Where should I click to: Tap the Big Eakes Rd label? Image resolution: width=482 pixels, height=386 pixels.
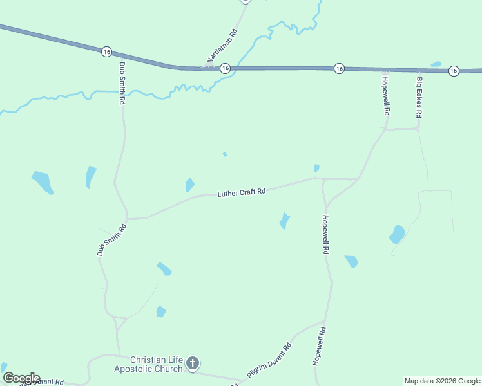pyautogui.click(x=419, y=97)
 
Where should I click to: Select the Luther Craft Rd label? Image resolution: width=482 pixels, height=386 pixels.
pyautogui.click(x=242, y=192)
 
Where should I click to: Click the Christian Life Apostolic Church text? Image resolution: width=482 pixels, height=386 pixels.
pyautogui.click(x=157, y=364)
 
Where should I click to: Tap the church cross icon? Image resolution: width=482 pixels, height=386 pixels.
pyautogui.click(x=192, y=365)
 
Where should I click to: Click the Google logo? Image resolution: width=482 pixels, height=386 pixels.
pyautogui.click(x=21, y=378)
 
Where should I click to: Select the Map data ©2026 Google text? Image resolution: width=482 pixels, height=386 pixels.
pyautogui.click(x=443, y=381)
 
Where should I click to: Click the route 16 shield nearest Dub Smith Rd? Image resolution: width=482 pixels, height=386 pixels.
pyautogui.click(x=106, y=51)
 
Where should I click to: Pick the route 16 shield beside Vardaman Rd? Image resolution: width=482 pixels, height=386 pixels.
pyautogui.click(x=225, y=68)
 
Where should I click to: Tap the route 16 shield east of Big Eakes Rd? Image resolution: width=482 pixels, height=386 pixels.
pyautogui.click(x=454, y=71)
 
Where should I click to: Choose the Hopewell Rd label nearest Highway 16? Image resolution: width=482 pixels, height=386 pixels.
pyautogui.click(x=385, y=95)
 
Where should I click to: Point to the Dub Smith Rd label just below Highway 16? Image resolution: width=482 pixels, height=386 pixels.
pyautogui.click(x=122, y=84)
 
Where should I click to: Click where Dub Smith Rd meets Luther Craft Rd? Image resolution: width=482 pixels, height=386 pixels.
pyautogui.click(x=128, y=219)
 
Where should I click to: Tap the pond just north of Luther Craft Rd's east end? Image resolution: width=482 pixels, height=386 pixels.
pyautogui.click(x=316, y=169)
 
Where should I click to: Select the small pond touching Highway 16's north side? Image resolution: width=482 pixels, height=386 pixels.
pyautogui.click(x=436, y=64)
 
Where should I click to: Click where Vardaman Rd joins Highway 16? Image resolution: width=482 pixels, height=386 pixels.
pyautogui.click(x=205, y=67)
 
